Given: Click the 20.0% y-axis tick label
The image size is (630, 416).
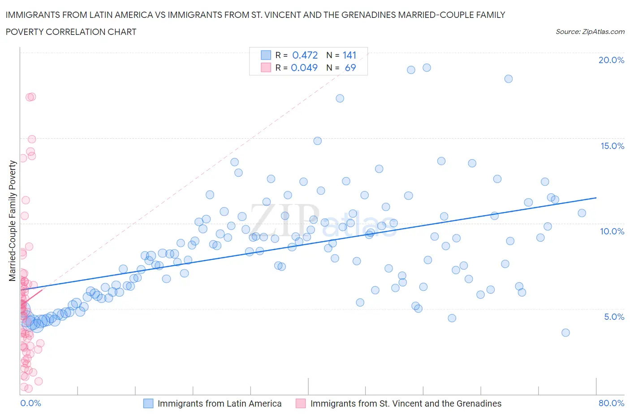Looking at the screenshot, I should pyautogui.click(x=611, y=60).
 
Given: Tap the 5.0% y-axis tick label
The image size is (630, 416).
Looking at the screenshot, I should pyautogui.click(x=614, y=317).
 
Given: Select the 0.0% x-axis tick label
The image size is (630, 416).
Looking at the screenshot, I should pyautogui.click(x=30, y=403).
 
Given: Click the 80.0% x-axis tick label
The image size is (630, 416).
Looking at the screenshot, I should pyautogui.click(x=611, y=403).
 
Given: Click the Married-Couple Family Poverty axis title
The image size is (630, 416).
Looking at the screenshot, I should pyautogui.click(x=13, y=221).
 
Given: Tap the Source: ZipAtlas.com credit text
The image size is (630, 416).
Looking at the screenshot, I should pyautogui.click(x=590, y=32).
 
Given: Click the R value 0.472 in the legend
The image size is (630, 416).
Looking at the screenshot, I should pyautogui.click(x=305, y=55).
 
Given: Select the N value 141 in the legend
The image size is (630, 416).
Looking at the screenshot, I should pyautogui.click(x=349, y=55).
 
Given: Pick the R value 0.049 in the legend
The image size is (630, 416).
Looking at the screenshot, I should pyautogui.click(x=304, y=68).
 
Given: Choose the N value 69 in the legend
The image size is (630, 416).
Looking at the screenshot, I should pyautogui.click(x=350, y=68).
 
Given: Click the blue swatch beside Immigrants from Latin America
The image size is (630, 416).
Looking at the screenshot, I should pyautogui.click(x=148, y=403).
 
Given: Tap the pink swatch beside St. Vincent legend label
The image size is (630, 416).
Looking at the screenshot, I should pyautogui.click(x=301, y=403).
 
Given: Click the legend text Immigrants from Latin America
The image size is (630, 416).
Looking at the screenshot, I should pyautogui.click(x=220, y=403).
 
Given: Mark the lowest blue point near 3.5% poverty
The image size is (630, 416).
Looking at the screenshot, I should pyautogui.click(x=565, y=333).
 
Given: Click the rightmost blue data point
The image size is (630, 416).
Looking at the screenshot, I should pyautogui.click(x=582, y=213).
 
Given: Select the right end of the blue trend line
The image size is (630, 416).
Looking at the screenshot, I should pyautogui.click(x=596, y=198).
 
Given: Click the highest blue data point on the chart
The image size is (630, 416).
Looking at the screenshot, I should pyautogui.click(x=427, y=68).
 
